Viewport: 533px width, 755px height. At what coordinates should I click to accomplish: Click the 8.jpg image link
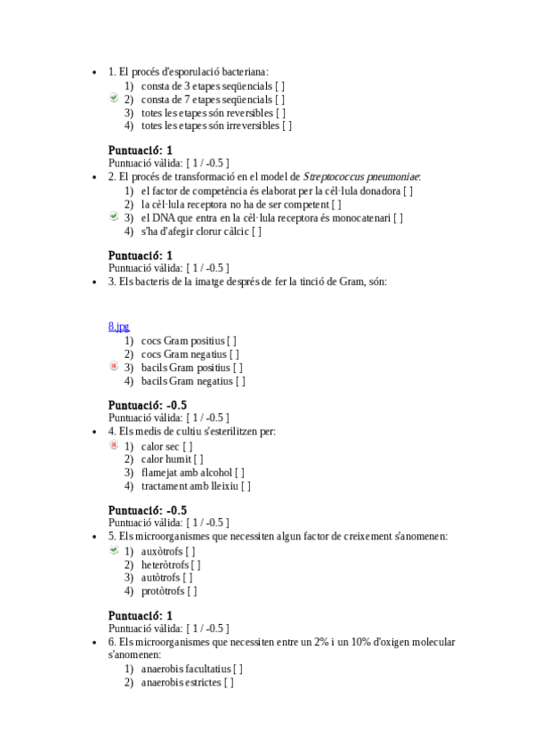pos(118,327)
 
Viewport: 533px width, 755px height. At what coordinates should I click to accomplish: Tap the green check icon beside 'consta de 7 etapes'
pos(114,99)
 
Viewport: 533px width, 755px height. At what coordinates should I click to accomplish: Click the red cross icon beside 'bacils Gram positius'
pos(114,366)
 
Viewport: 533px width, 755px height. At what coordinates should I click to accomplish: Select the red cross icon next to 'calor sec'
pos(114,445)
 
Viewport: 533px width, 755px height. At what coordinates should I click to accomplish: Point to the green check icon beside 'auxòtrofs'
pos(114,550)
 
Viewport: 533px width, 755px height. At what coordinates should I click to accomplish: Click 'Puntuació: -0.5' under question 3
pos(147,405)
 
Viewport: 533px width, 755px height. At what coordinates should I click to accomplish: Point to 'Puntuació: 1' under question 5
pos(140,615)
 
